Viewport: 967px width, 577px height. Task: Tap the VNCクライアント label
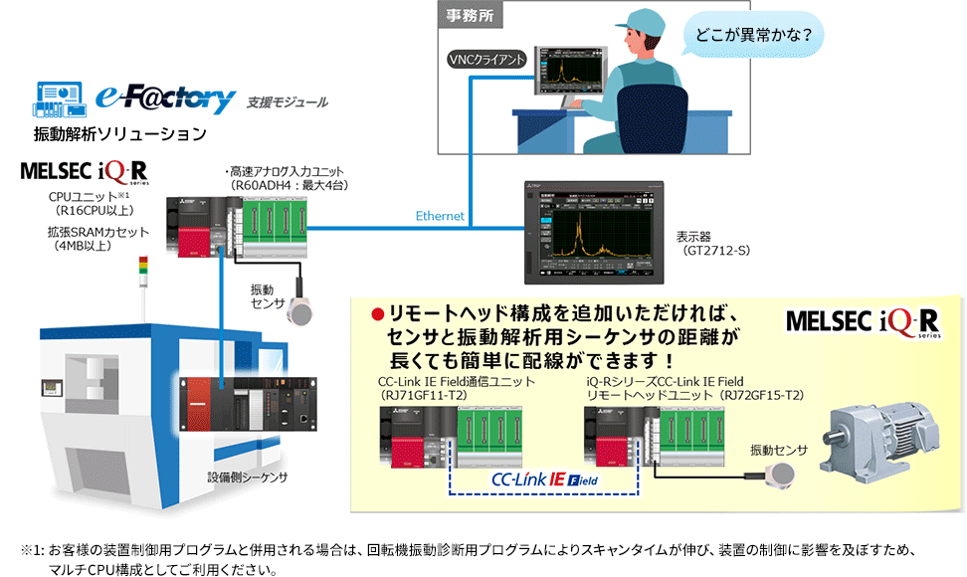pos(486,60)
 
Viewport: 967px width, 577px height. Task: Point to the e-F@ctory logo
pos(166,96)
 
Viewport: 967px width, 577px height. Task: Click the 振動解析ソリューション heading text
pos(120,133)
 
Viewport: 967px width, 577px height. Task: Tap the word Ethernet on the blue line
pos(440,216)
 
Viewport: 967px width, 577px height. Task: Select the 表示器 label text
pos(695,237)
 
